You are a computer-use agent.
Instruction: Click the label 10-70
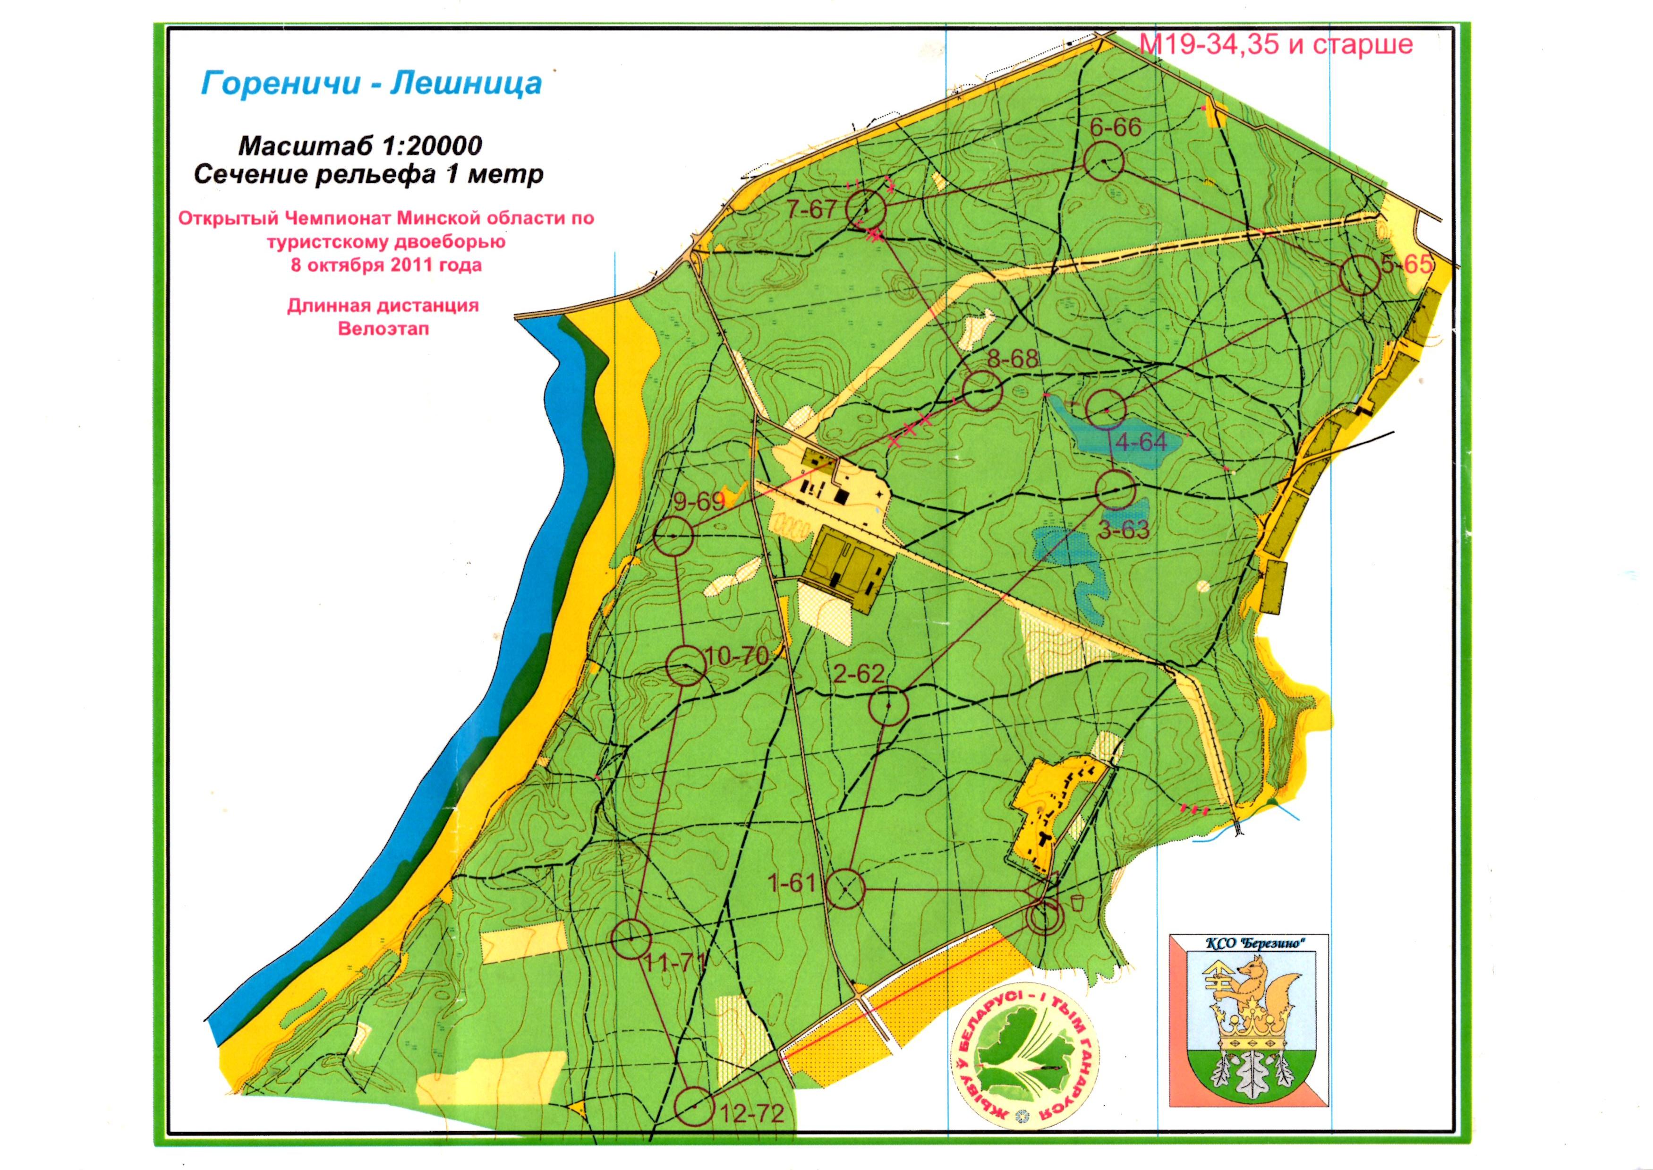click(738, 656)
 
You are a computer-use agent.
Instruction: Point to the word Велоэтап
click(383, 329)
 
